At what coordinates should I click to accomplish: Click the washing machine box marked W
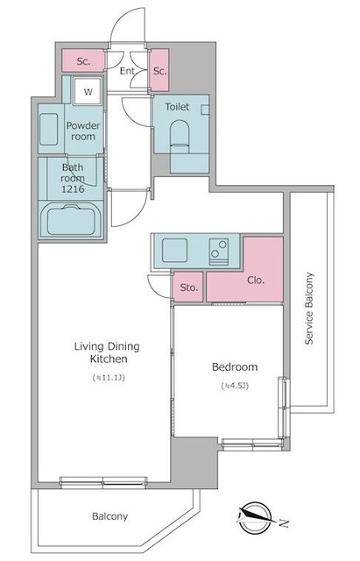(x=88, y=91)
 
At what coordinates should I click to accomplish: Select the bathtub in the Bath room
(x=71, y=220)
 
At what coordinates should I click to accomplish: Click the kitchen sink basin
(x=174, y=250)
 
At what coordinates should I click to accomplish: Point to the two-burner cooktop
(x=219, y=252)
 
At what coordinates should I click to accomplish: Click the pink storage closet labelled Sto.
(x=188, y=287)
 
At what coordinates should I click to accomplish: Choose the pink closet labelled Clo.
(x=256, y=280)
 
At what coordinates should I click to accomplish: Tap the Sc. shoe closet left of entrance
(x=83, y=60)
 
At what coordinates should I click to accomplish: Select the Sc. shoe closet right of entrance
(x=159, y=70)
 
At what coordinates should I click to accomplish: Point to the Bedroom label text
(x=235, y=366)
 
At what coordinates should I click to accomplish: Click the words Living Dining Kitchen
(x=107, y=352)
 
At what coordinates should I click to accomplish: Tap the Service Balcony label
(x=308, y=309)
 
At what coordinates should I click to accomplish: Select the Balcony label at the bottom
(x=109, y=516)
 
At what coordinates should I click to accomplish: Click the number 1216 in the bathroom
(x=73, y=189)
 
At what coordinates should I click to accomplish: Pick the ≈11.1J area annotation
(x=109, y=378)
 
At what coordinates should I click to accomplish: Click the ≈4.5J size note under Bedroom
(x=235, y=386)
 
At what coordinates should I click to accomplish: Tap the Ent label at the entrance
(x=127, y=71)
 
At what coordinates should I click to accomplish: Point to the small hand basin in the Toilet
(x=205, y=110)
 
